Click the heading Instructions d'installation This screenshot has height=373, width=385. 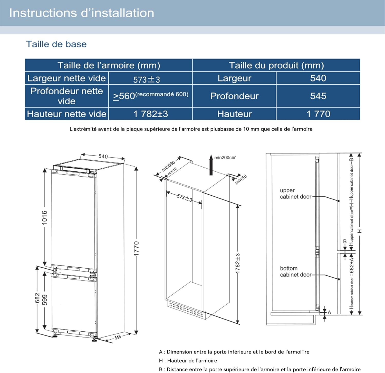point(82,13)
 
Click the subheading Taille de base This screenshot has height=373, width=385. point(56,44)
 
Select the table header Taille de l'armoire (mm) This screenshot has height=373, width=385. point(109,65)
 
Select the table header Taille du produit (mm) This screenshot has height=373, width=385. point(276,65)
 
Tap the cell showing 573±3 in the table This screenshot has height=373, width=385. point(147,79)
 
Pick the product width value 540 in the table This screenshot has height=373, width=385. point(318,78)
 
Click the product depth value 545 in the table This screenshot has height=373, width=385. point(318,96)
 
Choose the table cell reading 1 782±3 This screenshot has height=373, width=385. point(150,114)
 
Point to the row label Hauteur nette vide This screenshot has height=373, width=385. point(66,114)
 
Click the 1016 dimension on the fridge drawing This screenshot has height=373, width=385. point(45,217)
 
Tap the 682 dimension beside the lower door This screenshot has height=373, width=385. point(37,298)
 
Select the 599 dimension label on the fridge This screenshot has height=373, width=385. point(45,300)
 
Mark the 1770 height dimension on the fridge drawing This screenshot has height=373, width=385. point(136,248)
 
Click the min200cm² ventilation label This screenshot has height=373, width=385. point(225,158)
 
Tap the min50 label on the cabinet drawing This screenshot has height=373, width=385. point(241,179)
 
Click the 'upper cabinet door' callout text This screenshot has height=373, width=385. point(295,194)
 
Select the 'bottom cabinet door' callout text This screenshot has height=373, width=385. point(295,271)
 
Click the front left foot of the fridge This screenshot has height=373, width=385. point(55,335)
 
